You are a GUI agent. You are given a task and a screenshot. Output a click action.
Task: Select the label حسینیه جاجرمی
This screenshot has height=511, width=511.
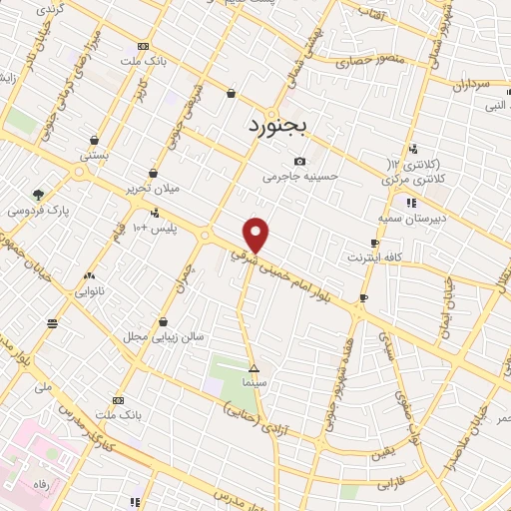[x=301, y=177]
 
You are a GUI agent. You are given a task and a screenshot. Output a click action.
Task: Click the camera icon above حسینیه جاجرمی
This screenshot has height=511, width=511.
[x=300, y=162]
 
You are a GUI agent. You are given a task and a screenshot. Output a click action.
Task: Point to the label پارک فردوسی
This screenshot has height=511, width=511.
[x=34, y=211]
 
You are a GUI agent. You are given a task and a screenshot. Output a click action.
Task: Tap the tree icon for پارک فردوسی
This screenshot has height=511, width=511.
[x=38, y=195]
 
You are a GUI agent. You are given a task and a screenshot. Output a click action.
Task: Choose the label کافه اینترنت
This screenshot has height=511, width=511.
[x=373, y=258]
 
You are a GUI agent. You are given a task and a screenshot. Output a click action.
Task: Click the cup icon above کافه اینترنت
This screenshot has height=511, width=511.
[x=374, y=243]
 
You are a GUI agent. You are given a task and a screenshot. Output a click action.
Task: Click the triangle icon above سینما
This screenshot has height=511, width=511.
[x=254, y=368]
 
